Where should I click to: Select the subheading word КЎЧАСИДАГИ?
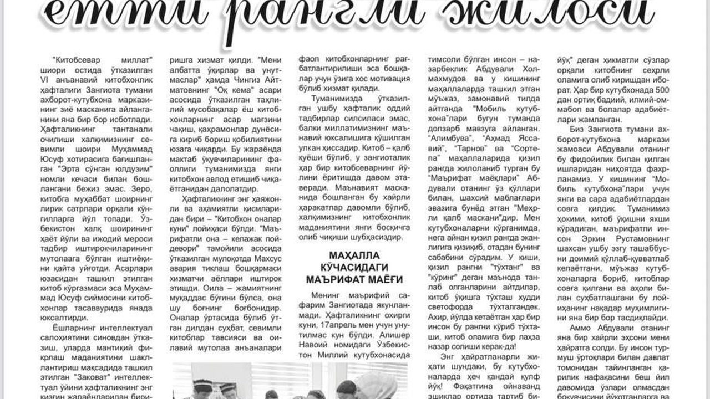click(354, 268)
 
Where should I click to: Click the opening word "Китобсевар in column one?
click(72, 59)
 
